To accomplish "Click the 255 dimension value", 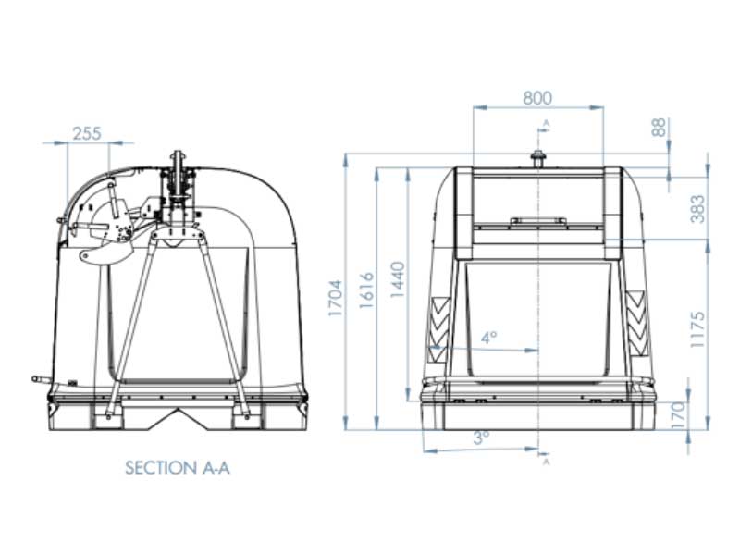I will pyautogui.click(x=86, y=134).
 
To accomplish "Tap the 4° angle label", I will pyautogui.click(x=489, y=339).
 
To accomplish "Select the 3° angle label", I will pyautogui.click(x=481, y=438).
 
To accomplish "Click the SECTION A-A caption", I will pyautogui.click(x=177, y=468).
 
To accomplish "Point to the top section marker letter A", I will pyautogui.click(x=546, y=122).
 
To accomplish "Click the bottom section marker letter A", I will pyautogui.click(x=546, y=462).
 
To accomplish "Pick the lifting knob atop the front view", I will pyautogui.click(x=537, y=158).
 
